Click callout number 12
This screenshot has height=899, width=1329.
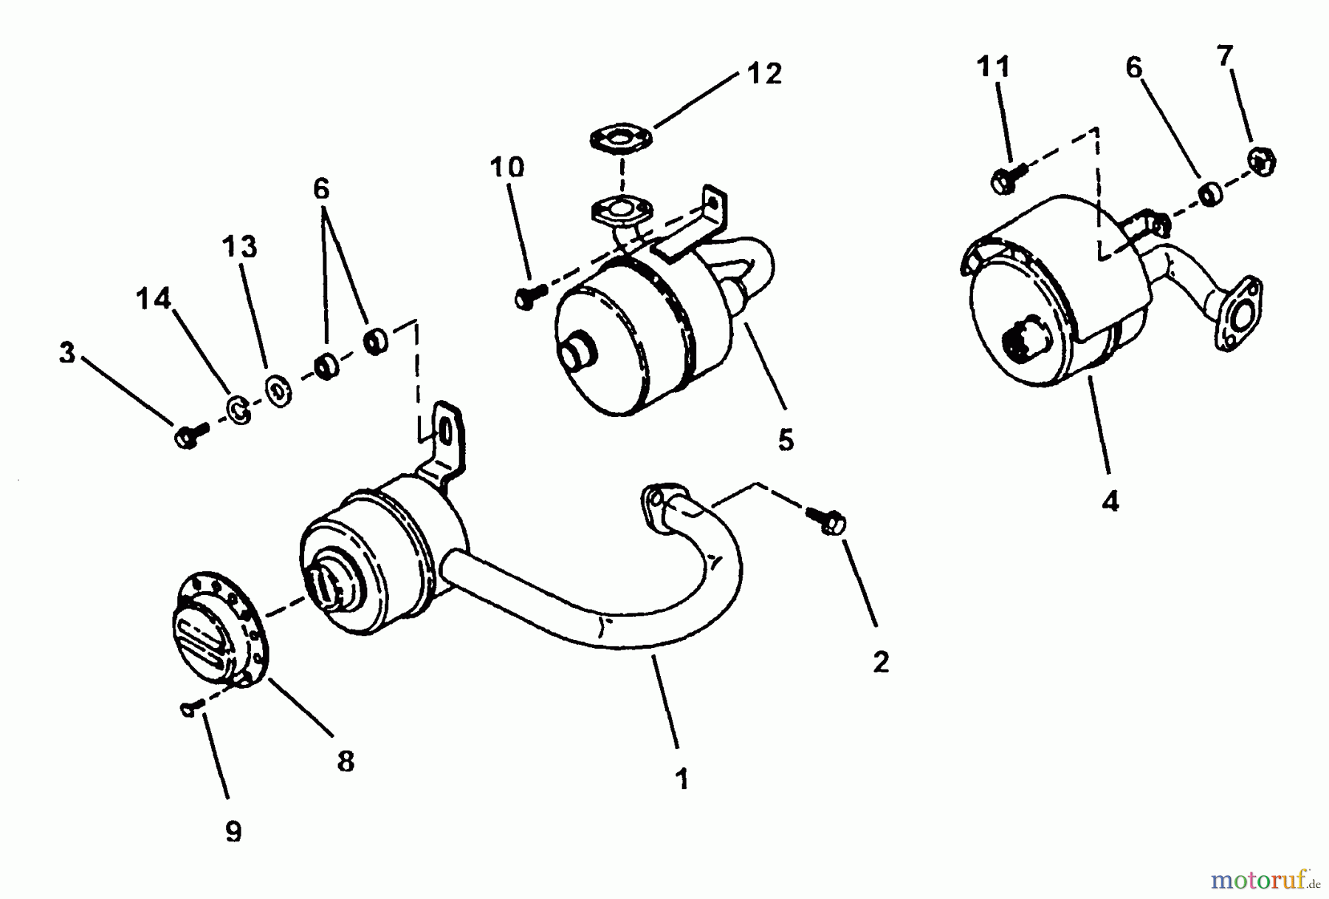[764, 74]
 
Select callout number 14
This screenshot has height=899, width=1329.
[154, 300]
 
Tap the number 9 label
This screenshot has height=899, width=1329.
[233, 833]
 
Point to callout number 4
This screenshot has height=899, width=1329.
[1110, 502]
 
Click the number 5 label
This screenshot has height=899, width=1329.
[786, 441]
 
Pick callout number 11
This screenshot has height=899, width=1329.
[993, 67]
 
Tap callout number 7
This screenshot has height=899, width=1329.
[1226, 56]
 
